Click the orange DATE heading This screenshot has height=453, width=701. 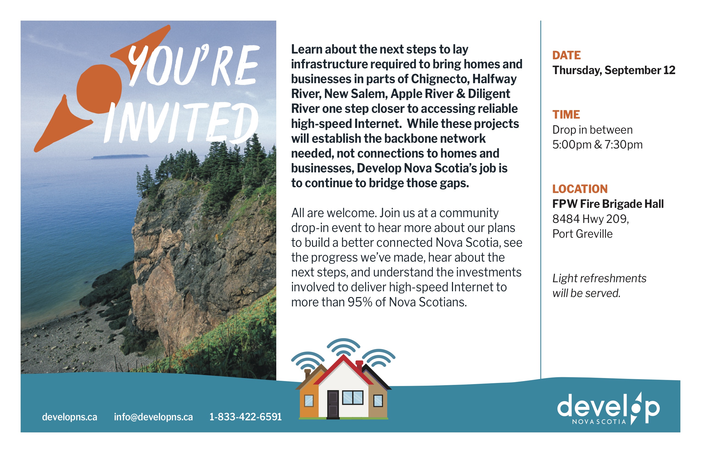(x=566, y=55)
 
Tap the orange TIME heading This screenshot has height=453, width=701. (x=566, y=114)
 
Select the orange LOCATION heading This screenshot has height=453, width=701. (x=580, y=189)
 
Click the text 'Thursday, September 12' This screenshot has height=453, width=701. (x=614, y=70)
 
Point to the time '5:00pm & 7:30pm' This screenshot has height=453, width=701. (x=597, y=145)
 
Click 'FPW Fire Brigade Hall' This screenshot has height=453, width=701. (x=608, y=203)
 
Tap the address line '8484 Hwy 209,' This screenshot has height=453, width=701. (x=590, y=219)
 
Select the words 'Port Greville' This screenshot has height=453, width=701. (x=582, y=234)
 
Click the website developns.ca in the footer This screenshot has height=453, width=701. (x=70, y=417)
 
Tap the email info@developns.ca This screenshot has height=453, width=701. (x=153, y=417)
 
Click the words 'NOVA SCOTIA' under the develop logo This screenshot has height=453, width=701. (x=599, y=421)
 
